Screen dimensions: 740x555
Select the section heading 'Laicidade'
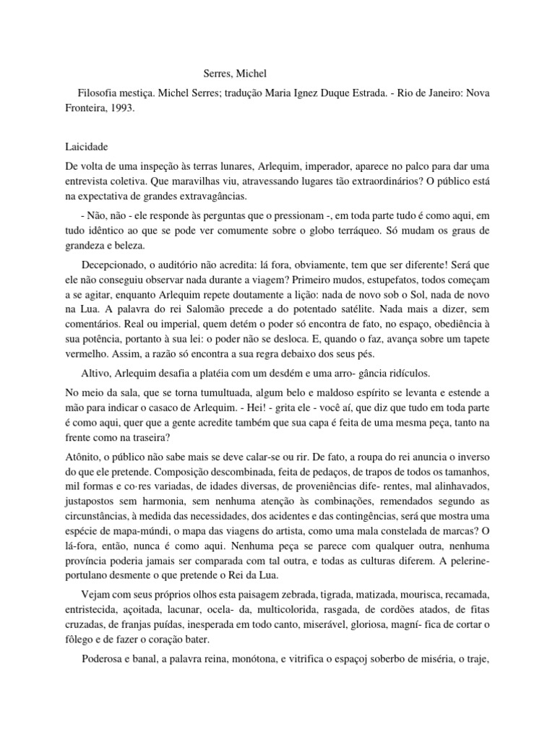point(86,146)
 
